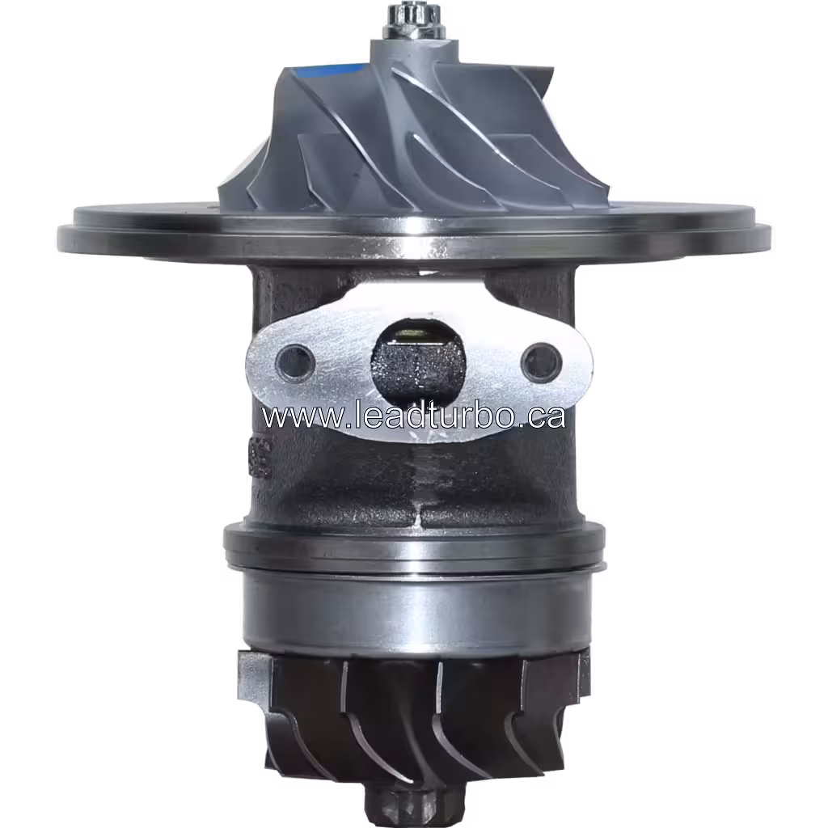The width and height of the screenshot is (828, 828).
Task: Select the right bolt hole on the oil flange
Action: coord(539,361)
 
